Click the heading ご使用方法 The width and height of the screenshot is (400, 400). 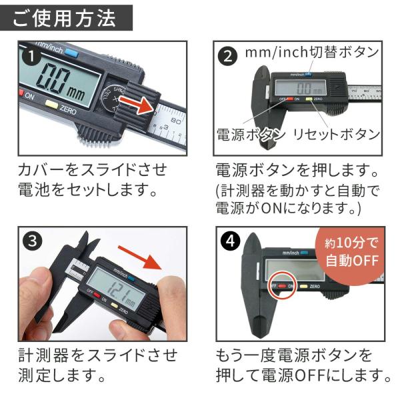tap(64, 19)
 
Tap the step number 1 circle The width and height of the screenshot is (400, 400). tap(31, 57)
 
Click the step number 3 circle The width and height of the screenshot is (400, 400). tap(33, 241)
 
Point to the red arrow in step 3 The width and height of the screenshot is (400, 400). tap(140, 257)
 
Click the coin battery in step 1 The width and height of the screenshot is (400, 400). tap(113, 99)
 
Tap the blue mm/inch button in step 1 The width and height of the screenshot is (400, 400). tap(71, 52)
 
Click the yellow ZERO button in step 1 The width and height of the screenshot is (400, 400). tap(51, 104)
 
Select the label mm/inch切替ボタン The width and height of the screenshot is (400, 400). tap(312, 52)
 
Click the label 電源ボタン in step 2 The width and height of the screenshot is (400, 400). tap(251, 135)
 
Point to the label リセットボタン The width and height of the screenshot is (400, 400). tap(337, 135)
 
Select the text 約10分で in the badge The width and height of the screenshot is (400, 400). tap(351, 243)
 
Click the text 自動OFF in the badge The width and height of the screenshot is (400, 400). tap(352, 261)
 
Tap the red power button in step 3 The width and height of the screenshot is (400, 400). tap(97, 295)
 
